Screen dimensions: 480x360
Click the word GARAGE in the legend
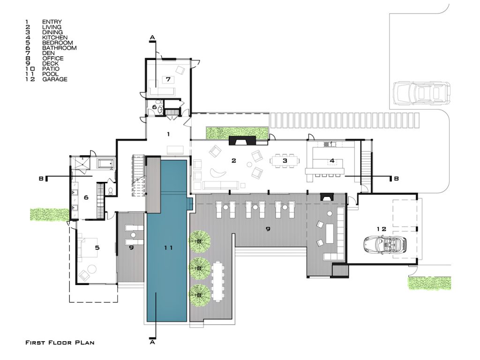pyautogui.click(x=55, y=79)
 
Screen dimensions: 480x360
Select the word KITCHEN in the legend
pyautogui.click(x=55, y=37)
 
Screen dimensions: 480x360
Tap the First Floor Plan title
pyautogui.click(x=60, y=343)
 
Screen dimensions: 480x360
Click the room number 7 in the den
pyautogui.click(x=168, y=79)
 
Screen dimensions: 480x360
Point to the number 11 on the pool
pyautogui.click(x=168, y=247)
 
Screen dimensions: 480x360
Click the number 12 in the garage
pyautogui.click(x=382, y=229)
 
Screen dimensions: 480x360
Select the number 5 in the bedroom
pyautogui.click(x=97, y=247)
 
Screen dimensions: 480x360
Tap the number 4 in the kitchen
pyautogui.click(x=332, y=160)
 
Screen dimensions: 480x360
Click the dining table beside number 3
pyautogui.click(x=285, y=161)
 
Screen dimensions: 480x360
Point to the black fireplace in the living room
pyautogui.click(x=242, y=141)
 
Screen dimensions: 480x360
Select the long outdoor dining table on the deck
pyautogui.click(x=217, y=281)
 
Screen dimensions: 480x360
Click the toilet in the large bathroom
pyautogui.click(x=111, y=191)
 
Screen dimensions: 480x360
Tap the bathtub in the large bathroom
pyautogui.click(x=105, y=164)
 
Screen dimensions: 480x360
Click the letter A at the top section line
pyautogui.click(x=152, y=37)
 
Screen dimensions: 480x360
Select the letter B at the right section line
pyautogui.click(x=396, y=178)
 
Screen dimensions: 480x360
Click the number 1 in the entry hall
pyautogui.click(x=168, y=134)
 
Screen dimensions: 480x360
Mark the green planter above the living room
pyautogui.click(x=237, y=132)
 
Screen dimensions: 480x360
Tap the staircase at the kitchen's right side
pyautogui.click(x=366, y=164)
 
